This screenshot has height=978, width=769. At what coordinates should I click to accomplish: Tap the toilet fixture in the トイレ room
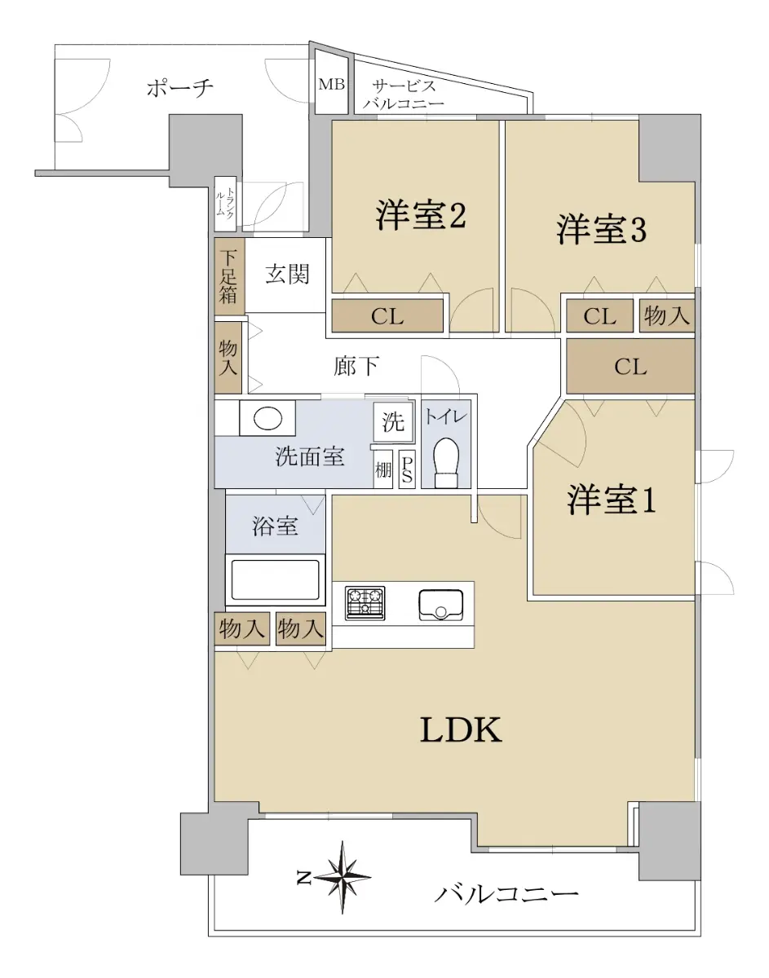pyautogui.click(x=446, y=463)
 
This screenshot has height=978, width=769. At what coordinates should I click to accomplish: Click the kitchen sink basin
pyautogui.click(x=441, y=605)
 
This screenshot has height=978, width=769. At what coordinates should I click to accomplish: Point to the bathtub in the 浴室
pyautogui.click(x=275, y=579)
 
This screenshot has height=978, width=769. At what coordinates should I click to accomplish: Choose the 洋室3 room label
pyautogui.click(x=601, y=230)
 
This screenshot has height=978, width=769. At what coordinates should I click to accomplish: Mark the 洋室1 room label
pyautogui.click(x=611, y=500)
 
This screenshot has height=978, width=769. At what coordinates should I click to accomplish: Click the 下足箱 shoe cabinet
pyautogui.click(x=229, y=276)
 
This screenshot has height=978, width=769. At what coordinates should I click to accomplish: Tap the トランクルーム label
pyautogui.click(x=224, y=202)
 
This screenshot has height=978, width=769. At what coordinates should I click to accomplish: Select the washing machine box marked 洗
pyautogui.click(x=393, y=421)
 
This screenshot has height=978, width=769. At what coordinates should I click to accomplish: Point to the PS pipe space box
pyautogui.click(x=407, y=469)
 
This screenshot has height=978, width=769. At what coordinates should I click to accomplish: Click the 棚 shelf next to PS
pyautogui.click(x=383, y=469)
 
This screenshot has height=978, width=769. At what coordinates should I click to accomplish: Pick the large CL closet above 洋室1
pyautogui.click(x=630, y=367)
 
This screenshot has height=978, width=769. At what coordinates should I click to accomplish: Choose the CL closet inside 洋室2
pyautogui.click(x=387, y=316)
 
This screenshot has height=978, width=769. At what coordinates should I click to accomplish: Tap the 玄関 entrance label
pyautogui.click(x=287, y=274)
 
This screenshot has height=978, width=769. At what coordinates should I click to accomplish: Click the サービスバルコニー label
pyautogui.click(x=404, y=95)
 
